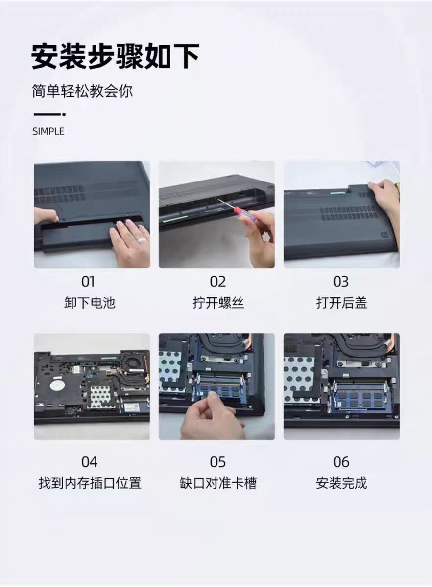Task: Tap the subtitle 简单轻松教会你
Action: [82, 91]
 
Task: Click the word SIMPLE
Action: [48, 131]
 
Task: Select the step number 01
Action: [88, 282]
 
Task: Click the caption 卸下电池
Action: [90, 303]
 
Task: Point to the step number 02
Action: [217, 282]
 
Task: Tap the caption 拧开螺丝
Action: [218, 303]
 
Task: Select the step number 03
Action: [341, 282]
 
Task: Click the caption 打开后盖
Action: [341, 303]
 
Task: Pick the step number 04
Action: [89, 462]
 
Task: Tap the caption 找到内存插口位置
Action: [90, 483]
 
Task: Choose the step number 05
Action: [217, 462]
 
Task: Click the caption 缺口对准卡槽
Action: [218, 483]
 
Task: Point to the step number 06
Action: [341, 462]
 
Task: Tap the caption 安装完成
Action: [341, 483]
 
